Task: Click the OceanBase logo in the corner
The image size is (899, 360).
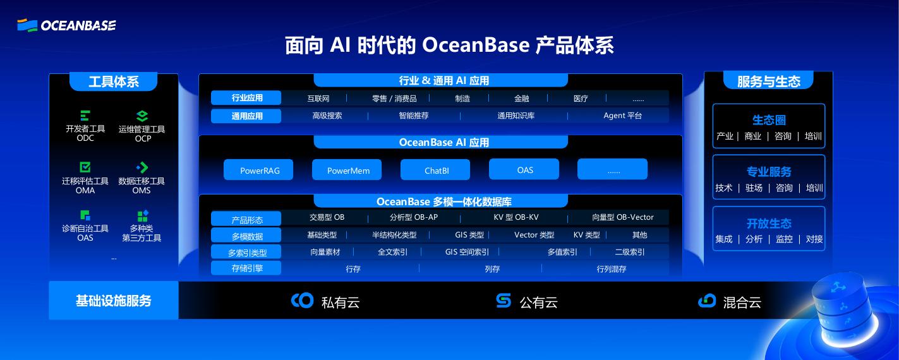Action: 66,25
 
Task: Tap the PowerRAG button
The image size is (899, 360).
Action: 258,170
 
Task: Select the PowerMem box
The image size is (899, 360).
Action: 347,170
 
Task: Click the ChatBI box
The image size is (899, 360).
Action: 435,170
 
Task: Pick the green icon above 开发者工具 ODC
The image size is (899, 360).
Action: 85,116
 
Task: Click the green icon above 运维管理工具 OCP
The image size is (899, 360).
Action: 143,116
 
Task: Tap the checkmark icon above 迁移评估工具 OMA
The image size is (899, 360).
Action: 85,167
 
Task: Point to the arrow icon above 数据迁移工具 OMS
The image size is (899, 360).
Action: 142,167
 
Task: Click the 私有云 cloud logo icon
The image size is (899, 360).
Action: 302,300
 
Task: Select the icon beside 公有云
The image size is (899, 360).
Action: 504,300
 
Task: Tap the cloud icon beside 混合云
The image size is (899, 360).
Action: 707,301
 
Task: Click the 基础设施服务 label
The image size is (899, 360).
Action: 114,301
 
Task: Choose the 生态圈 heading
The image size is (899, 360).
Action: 769,119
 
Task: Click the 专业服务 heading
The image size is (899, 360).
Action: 769,171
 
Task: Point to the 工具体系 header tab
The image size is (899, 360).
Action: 114,81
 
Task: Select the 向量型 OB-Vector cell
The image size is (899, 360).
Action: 623,217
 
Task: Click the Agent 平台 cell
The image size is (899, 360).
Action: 623,116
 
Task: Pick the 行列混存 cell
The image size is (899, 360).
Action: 612,269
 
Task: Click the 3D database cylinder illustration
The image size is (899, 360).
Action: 843,311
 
